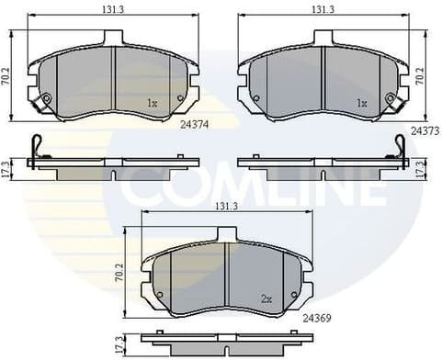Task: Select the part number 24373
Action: coord(424,130)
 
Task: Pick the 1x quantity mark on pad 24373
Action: coord(361,105)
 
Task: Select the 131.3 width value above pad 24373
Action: coord(322,9)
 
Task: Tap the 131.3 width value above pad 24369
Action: coord(227,208)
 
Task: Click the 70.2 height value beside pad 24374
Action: coord(7,77)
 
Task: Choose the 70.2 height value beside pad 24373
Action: coord(420,77)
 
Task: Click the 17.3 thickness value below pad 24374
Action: coord(7,168)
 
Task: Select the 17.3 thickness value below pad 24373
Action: coord(420,168)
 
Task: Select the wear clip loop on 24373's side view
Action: coord(400,146)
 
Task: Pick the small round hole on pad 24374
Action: coord(180,98)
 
